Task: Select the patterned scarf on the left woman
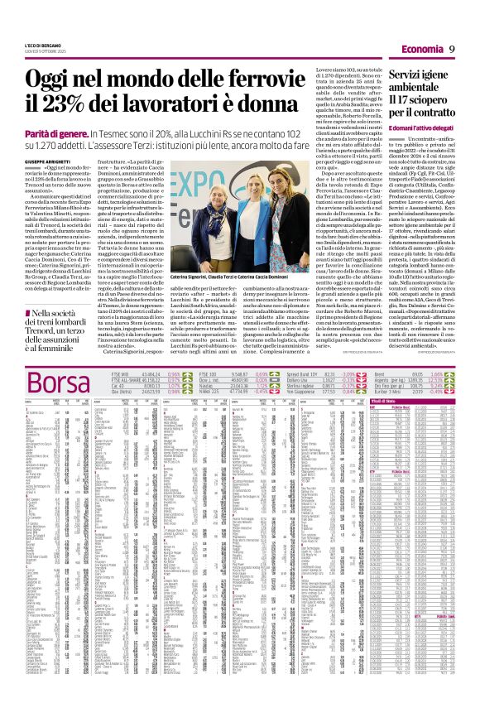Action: [211, 207]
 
